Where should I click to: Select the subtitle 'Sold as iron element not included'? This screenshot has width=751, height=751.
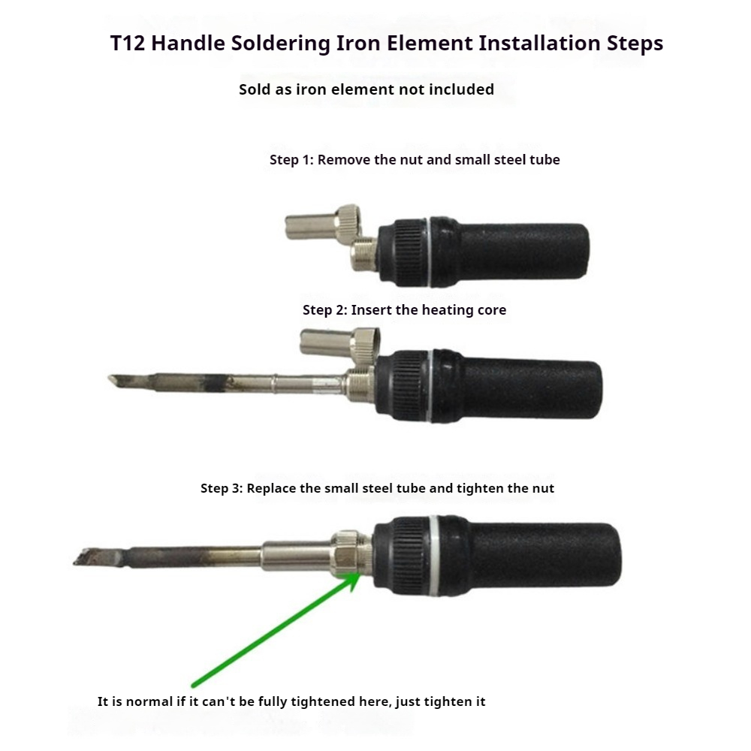pyautogui.click(x=366, y=89)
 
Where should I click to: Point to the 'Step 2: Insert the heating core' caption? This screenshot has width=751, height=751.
pyautogui.click(x=404, y=310)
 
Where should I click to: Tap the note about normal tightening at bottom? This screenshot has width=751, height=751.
pyautogui.click(x=291, y=701)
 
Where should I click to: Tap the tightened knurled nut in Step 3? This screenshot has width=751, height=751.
pyautogui.click(x=345, y=553)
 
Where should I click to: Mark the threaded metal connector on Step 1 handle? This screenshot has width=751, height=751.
pyautogui.click(x=363, y=255)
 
